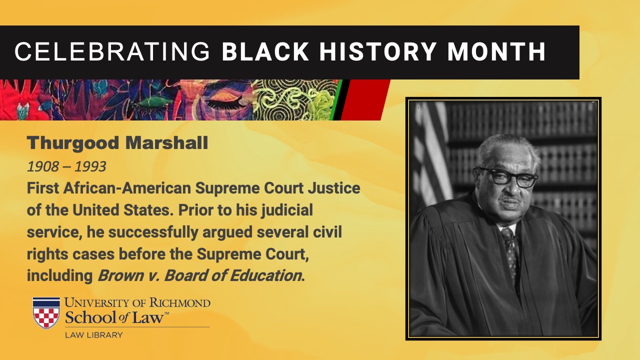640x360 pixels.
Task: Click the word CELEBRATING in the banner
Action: [x=112, y=51]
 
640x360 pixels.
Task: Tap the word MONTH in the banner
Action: [x=496, y=51]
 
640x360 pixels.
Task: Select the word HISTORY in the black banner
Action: [x=377, y=51]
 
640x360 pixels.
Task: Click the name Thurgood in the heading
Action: [x=73, y=143]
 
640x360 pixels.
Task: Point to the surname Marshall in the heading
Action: [x=167, y=142]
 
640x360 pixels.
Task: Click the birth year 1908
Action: [x=43, y=166]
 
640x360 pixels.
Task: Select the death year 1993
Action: [x=90, y=166]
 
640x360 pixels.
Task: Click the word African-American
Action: [x=127, y=188]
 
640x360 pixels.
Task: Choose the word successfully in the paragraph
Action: [x=153, y=232]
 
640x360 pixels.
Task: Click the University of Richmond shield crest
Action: [x=46, y=313]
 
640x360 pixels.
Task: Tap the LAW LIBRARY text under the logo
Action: [x=93, y=335]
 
